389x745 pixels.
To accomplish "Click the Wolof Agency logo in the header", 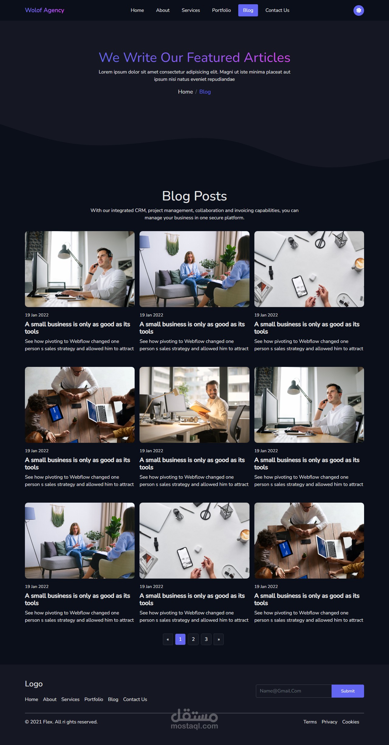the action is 44,10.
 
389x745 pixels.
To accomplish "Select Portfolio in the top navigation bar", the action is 221,10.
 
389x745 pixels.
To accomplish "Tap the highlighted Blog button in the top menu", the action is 248,10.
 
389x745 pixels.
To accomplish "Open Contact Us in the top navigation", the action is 277,10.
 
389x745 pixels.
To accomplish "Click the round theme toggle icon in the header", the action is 359,10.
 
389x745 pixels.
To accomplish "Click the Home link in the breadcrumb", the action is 185,92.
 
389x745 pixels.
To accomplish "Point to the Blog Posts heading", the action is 194,196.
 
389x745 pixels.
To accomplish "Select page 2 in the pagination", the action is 193,639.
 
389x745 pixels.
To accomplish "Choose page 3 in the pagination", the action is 206,639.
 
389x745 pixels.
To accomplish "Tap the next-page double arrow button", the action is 219,639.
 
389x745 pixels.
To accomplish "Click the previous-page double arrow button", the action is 168,639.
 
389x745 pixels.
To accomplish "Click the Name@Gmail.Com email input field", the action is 294,691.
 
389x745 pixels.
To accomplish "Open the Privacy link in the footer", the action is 329,722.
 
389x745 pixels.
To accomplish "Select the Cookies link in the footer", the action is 351,722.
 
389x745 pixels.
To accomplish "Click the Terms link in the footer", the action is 310,722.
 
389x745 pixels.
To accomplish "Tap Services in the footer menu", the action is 70,699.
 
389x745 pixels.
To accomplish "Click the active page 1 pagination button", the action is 180,639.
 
